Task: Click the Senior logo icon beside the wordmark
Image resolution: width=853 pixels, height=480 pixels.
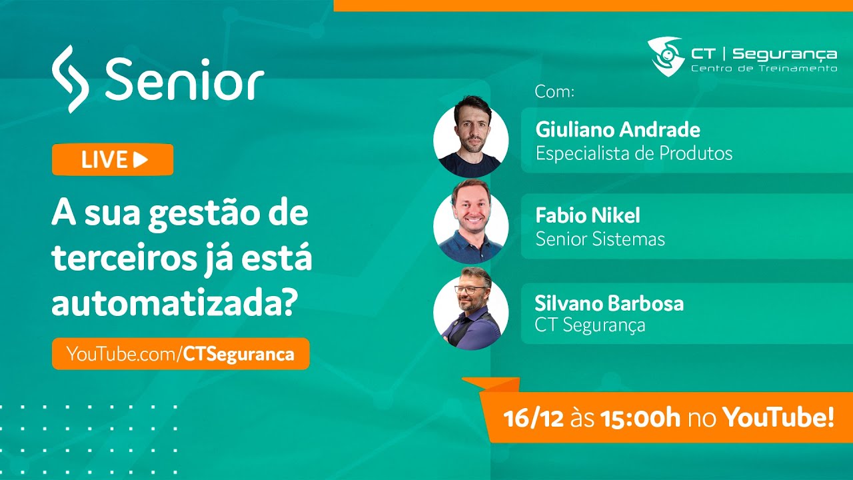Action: tap(70, 79)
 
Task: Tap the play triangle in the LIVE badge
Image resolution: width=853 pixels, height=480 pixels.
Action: tap(141, 159)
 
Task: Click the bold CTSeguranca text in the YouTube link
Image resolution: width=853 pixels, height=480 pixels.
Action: tap(239, 354)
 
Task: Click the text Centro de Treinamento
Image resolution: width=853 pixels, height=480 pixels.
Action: tap(764, 69)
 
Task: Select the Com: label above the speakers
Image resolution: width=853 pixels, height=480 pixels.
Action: tap(554, 91)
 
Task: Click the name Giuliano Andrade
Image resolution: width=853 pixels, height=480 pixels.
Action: tap(618, 130)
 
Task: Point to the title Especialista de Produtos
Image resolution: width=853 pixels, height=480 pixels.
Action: tap(634, 153)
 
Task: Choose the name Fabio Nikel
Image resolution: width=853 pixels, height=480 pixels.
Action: tap(588, 215)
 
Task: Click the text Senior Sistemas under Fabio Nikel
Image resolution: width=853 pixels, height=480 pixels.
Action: tap(600, 239)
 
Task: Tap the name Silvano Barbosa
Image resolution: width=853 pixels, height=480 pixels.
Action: tap(609, 303)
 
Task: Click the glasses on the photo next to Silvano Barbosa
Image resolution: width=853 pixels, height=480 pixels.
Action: tap(470, 290)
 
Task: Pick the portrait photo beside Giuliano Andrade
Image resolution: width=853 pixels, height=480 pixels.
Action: tap(471, 137)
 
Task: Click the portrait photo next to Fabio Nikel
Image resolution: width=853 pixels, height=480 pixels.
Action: tap(471, 222)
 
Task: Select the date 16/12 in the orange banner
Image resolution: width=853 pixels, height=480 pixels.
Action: tap(534, 418)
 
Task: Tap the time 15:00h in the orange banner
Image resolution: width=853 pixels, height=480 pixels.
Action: tap(640, 418)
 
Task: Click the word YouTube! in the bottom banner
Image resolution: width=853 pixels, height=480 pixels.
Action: tap(778, 417)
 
